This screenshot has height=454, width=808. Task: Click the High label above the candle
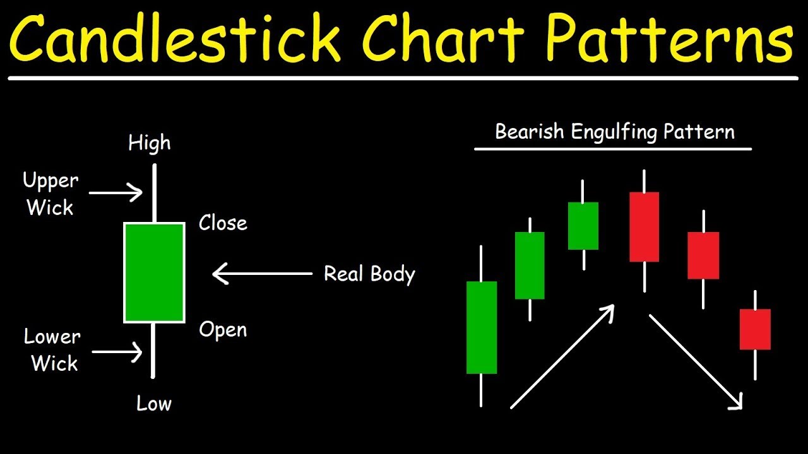click(x=150, y=143)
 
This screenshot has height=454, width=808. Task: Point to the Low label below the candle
click(x=154, y=404)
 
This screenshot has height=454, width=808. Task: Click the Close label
click(x=223, y=223)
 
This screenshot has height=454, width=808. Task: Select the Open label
click(x=223, y=330)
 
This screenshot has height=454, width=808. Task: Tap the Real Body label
click(x=369, y=274)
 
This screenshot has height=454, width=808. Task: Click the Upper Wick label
click(x=50, y=194)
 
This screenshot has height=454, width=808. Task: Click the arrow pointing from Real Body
click(x=263, y=274)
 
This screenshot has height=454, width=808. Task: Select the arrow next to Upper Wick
click(x=116, y=192)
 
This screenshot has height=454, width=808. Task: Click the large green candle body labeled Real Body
click(x=154, y=272)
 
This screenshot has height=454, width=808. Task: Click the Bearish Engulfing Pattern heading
click(x=614, y=132)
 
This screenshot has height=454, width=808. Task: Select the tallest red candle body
click(x=644, y=226)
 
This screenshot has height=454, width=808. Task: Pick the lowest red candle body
click(x=755, y=329)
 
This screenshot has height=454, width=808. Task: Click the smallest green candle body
click(x=583, y=226)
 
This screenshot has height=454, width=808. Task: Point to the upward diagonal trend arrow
click(x=562, y=356)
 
